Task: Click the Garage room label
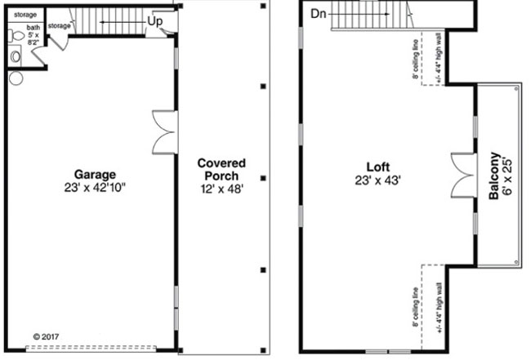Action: (x=95, y=174)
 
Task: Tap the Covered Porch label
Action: (x=221, y=169)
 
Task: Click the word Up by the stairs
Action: (x=155, y=20)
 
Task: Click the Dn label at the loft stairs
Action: (x=319, y=13)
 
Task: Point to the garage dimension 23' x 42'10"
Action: (x=95, y=187)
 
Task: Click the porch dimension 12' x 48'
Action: (x=221, y=189)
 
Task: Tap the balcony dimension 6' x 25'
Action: (x=508, y=176)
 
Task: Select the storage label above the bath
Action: (x=25, y=14)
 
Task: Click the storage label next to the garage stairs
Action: (x=59, y=26)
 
